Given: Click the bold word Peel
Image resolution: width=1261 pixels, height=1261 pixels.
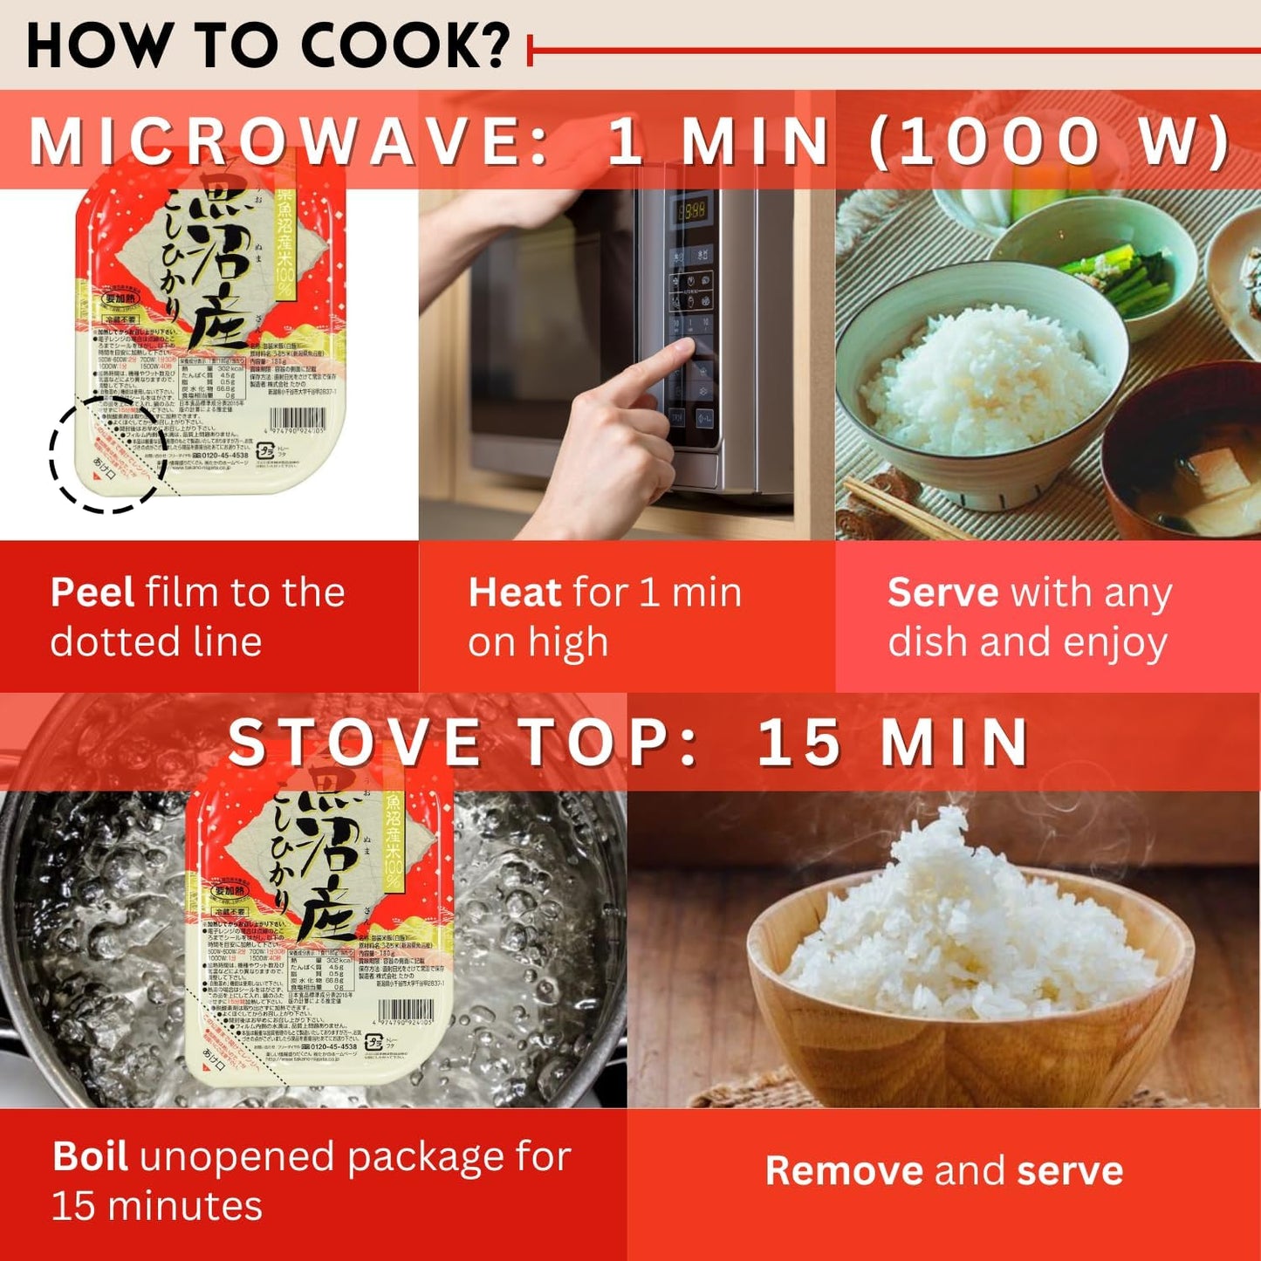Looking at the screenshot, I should (92, 593).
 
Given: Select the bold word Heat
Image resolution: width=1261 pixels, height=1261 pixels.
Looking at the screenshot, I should (514, 593).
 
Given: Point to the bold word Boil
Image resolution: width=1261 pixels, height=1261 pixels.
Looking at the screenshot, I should (90, 1156).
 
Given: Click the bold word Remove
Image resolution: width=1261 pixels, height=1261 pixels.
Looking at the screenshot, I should (843, 1171).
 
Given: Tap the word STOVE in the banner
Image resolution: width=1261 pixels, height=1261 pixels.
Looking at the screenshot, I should (353, 743).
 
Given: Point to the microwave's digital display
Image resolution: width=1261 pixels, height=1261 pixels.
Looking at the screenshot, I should (692, 210).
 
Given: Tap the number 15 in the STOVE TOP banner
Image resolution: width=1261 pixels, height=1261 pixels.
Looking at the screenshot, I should (798, 743).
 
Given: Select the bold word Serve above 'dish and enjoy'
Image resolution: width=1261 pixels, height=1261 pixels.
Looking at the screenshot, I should (942, 593).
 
